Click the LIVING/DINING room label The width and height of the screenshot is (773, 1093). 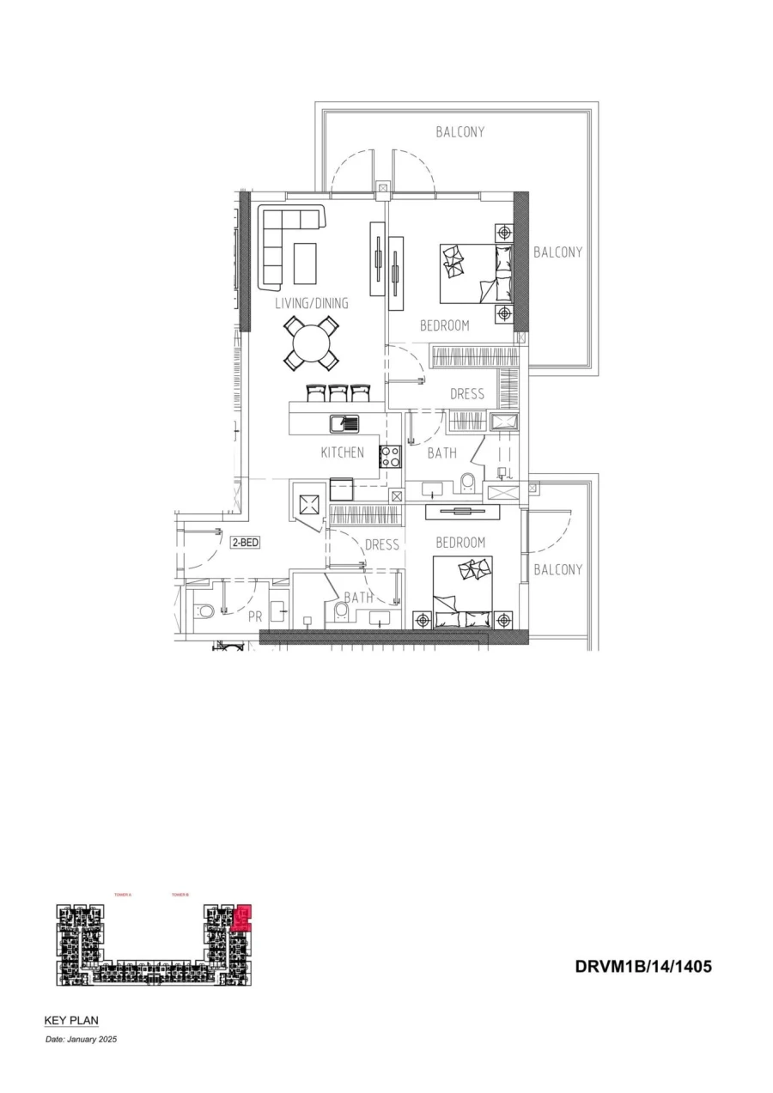[312, 303]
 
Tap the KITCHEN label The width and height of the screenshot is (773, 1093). [343, 452]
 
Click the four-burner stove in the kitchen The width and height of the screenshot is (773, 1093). [390, 457]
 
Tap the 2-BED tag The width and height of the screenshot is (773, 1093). [245, 543]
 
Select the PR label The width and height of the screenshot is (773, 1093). [255, 616]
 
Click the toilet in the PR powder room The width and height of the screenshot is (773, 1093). [203, 612]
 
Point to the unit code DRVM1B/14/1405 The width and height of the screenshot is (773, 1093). [643, 967]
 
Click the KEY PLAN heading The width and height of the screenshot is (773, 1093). [71, 1021]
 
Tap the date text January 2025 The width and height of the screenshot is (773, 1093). [81, 1039]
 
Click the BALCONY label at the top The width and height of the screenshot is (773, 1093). [460, 132]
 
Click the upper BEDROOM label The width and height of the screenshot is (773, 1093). [444, 326]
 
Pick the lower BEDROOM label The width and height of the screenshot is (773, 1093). [460, 543]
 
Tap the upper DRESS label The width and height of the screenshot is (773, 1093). [467, 394]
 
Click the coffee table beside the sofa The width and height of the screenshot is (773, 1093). [305, 264]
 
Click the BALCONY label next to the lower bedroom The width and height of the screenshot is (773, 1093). [557, 569]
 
